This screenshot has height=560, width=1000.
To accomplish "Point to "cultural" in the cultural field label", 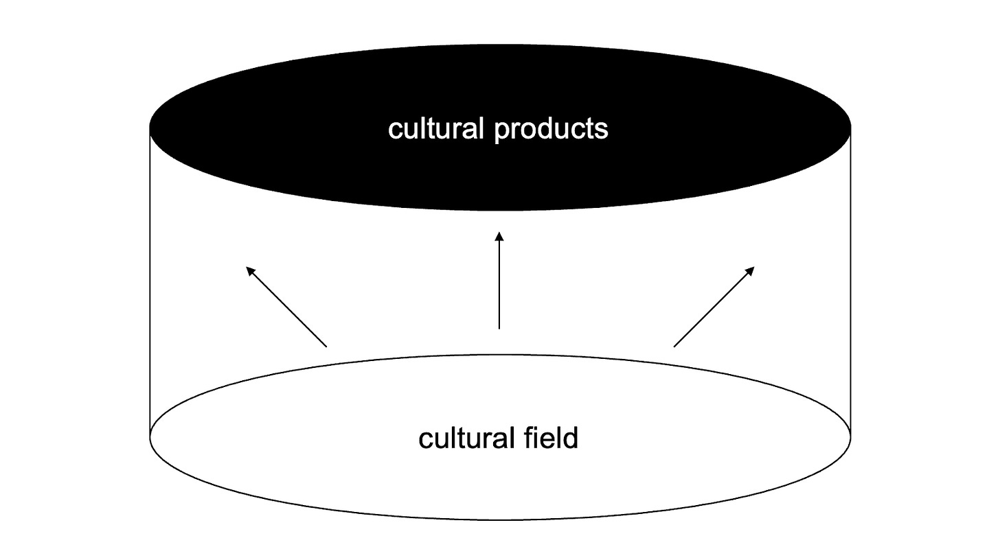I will point(467,438).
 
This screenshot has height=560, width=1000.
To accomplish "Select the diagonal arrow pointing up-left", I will point(286,307).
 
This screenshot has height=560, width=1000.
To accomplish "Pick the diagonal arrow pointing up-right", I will point(714,307).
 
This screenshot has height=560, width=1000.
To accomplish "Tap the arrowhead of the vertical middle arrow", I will point(499,237).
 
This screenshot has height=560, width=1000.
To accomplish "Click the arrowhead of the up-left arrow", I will point(251,271).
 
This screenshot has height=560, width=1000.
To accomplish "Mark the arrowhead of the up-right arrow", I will point(750,271).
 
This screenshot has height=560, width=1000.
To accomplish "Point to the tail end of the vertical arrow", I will point(499,328).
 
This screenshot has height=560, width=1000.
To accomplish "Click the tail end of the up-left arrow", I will point(326,346).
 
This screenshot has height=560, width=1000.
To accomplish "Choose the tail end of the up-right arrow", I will point(675,346).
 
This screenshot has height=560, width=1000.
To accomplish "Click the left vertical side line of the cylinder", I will point(150,281).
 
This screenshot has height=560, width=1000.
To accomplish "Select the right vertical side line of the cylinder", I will point(850,281).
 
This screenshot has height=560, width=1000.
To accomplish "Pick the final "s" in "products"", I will point(602,130).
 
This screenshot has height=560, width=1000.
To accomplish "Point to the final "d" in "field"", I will point(571,437).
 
